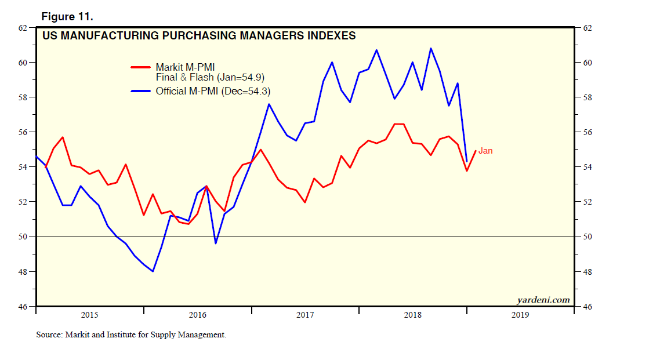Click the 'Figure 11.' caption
pyautogui.click(x=67, y=17)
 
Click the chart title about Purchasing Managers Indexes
pyautogui.click(x=199, y=36)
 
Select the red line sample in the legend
pyautogui.click(x=141, y=67)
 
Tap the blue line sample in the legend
pyautogui.click(x=141, y=91)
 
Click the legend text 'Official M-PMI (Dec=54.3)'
pyautogui.click(x=213, y=91)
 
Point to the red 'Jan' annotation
pyautogui.click(x=485, y=151)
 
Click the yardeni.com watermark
pyautogui.click(x=543, y=300)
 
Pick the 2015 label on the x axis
pyautogui.click(x=89, y=315)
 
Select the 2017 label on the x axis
pyautogui.click(x=305, y=315)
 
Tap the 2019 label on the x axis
pyautogui.click(x=520, y=315)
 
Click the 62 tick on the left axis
pyautogui.click(x=23, y=28)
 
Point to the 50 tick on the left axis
pyautogui.click(x=23, y=237)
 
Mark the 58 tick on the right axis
pyautogui.click(x=585, y=97)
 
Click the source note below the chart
pyautogui.click(x=131, y=334)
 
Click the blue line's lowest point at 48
pyautogui.click(x=153, y=271)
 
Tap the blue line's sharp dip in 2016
pyautogui.click(x=216, y=243)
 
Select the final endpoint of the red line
pyautogui.click(x=476, y=151)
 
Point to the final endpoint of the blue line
pyautogui.click(x=467, y=161)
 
